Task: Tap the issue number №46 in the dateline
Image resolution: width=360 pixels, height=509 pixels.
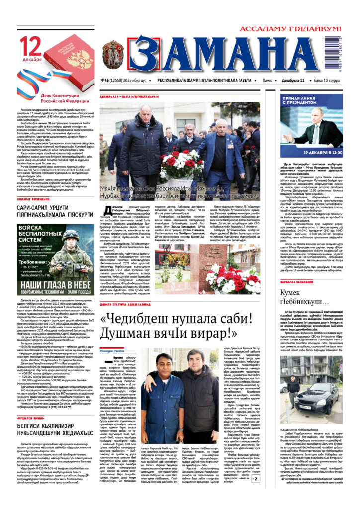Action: coord(105,80)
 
